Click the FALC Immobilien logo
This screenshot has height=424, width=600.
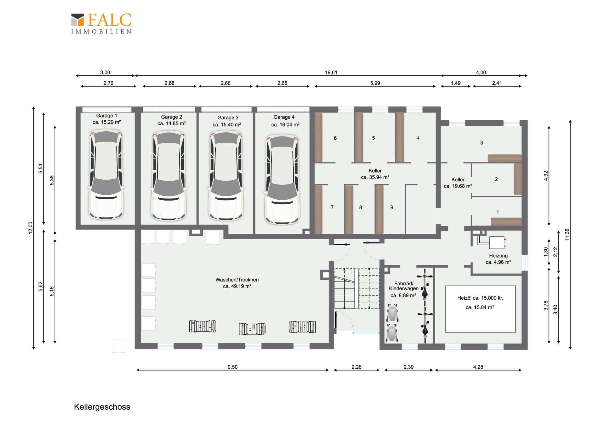click(x=101, y=23)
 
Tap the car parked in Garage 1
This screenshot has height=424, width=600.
click(x=106, y=175)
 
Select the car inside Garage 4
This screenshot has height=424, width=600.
click(x=282, y=179)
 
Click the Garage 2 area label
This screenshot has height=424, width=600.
click(x=172, y=120)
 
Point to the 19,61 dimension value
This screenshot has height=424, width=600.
click(x=331, y=72)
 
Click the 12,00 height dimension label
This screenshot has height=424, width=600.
click(x=30, y=228)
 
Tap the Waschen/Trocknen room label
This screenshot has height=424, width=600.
click(x=237, y=283)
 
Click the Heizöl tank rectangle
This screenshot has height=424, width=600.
click(x=480, y=309)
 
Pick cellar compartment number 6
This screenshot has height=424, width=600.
click(x=335, y=138)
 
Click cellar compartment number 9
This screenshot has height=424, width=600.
click(x=392, y=207)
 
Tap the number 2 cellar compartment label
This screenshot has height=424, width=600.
click(x=496, y=179)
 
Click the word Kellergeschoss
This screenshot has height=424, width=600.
click(x=102, y=407)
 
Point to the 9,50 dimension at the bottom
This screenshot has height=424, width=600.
click(x=232, y=367)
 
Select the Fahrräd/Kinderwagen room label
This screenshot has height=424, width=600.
click(x=404, y=289)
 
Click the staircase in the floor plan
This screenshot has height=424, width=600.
click(x=357, y=288)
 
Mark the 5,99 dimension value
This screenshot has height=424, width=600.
click(x=375, y=83)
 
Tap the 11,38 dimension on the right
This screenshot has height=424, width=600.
click(x=567, y=234)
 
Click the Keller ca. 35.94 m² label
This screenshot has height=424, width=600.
click(x=375, y=174)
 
